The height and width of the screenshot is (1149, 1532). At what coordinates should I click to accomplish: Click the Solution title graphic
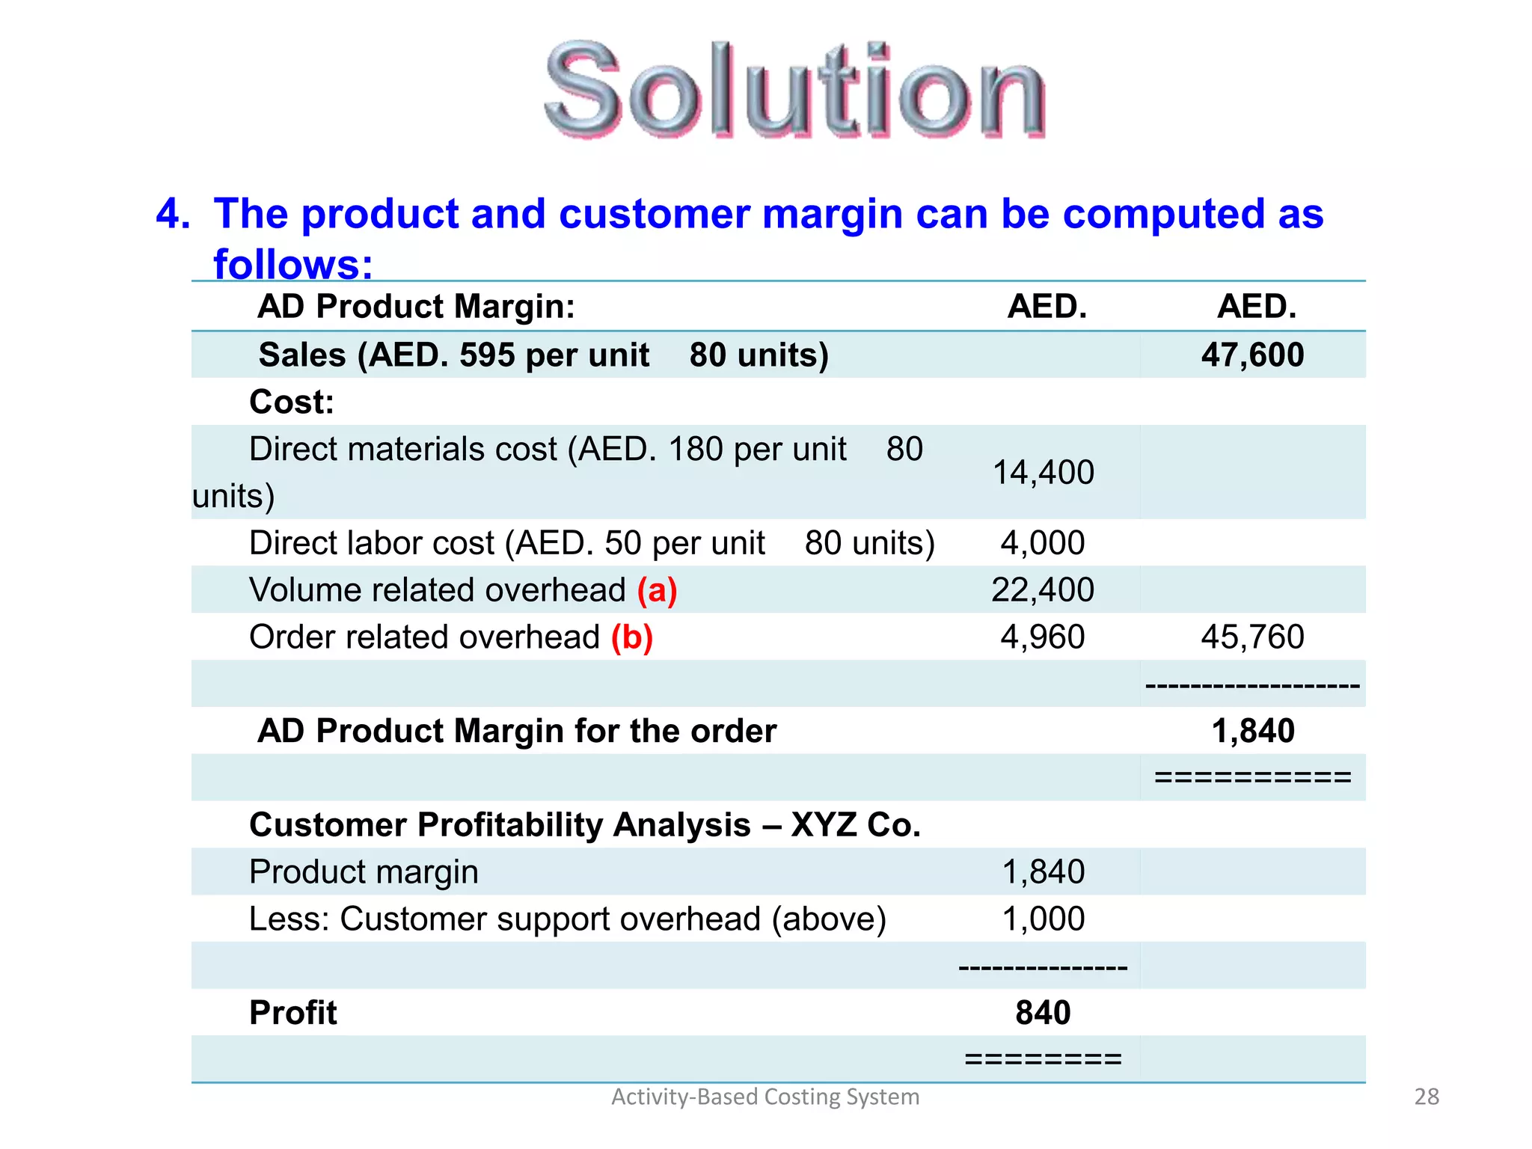794,91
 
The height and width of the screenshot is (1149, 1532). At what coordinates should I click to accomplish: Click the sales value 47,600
1252,355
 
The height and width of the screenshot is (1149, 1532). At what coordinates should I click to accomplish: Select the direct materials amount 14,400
1043,473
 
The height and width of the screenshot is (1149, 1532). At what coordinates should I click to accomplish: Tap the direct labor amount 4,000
1043,543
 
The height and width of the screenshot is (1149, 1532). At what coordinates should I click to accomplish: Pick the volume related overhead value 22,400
1043,590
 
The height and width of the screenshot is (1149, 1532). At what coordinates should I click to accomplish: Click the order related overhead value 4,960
1043,637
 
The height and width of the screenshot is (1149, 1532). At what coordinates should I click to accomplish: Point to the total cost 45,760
1252,637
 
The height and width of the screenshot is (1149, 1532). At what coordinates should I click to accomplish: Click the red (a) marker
657,590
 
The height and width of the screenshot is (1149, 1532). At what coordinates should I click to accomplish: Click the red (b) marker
632,637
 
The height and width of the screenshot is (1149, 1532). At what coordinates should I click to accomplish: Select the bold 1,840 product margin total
1252,731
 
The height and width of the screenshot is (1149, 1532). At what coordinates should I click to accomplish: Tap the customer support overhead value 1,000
1043,919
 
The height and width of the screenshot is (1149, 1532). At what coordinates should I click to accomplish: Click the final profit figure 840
1043,1013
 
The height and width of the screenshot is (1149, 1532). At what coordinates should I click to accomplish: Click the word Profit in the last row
292,1013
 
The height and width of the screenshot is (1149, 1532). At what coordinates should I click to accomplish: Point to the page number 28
1427,1097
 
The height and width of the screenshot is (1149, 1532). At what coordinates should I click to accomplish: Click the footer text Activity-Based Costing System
765,1097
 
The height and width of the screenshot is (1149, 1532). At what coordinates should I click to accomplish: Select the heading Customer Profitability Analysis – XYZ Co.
584,825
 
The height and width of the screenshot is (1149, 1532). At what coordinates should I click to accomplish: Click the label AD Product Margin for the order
517,731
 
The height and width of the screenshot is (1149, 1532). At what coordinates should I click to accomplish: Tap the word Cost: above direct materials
292,402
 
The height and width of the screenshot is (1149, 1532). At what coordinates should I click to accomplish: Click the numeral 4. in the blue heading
173,214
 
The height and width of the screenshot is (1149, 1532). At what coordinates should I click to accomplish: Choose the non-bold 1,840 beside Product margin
1043,872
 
